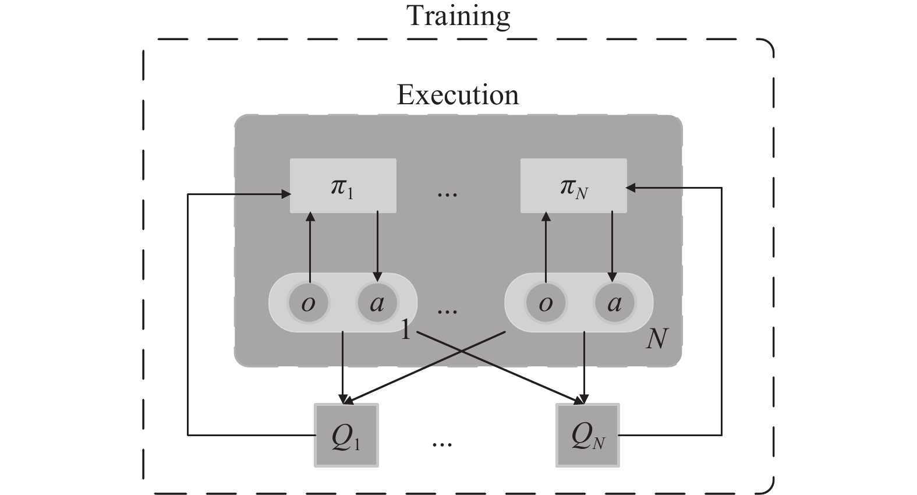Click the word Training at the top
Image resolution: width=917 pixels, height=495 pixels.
(458, 16)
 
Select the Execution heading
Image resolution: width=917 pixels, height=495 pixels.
(458, 95)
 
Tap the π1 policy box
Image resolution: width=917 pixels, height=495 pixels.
(343, 185)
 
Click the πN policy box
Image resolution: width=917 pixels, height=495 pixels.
(573, 185)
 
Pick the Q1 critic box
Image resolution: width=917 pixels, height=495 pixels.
(346, 435)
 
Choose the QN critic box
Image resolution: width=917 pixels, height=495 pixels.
(587, 435)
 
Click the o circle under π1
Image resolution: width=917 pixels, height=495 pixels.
(308, 303)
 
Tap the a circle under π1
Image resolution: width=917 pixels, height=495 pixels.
(377, 303)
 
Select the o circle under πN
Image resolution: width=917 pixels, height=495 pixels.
(546, 303)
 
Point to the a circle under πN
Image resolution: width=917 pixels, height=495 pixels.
(614, 303)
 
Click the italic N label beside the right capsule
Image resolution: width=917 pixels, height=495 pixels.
(657, 338)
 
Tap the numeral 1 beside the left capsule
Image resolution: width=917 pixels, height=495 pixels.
(405, 330)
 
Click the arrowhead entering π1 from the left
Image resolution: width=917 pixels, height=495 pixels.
(286, 194)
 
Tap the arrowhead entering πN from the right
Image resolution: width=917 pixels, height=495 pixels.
(631, 188)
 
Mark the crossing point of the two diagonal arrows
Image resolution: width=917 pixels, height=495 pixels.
(462, 351)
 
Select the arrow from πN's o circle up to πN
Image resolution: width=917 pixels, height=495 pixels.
(546, 247)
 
